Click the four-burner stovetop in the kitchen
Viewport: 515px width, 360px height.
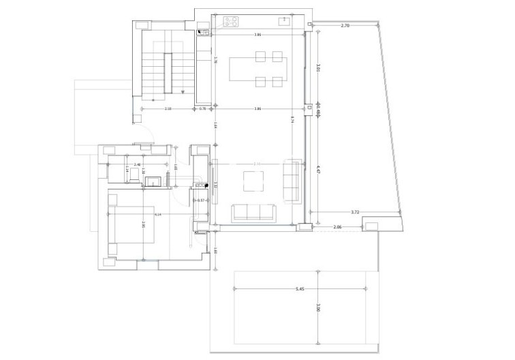point(229,21)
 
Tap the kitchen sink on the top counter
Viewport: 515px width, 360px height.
point(284,21)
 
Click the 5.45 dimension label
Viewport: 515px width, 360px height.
point(299,289)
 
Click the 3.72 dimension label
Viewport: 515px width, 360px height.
point(355,212)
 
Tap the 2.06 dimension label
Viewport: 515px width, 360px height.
point(337,226)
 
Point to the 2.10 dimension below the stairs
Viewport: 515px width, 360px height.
point(168,109)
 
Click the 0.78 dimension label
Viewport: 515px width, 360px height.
point(202,109)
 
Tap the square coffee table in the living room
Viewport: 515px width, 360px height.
point(253,181)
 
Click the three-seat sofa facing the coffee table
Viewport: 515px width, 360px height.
point(254,212)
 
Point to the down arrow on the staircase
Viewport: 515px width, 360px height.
point(183,91)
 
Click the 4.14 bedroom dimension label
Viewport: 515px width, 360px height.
point(158,215)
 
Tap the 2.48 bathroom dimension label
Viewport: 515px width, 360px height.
point(138,164)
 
